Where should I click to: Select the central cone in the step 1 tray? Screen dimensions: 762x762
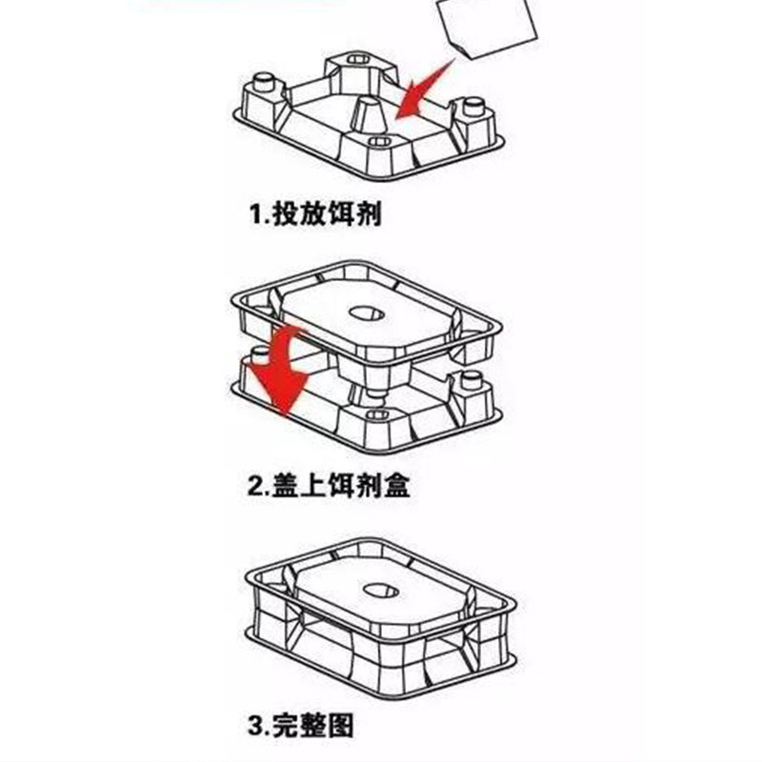coord(369,117)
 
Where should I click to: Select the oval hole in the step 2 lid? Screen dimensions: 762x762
coord(367,312)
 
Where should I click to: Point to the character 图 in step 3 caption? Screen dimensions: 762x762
coord(342,728)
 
